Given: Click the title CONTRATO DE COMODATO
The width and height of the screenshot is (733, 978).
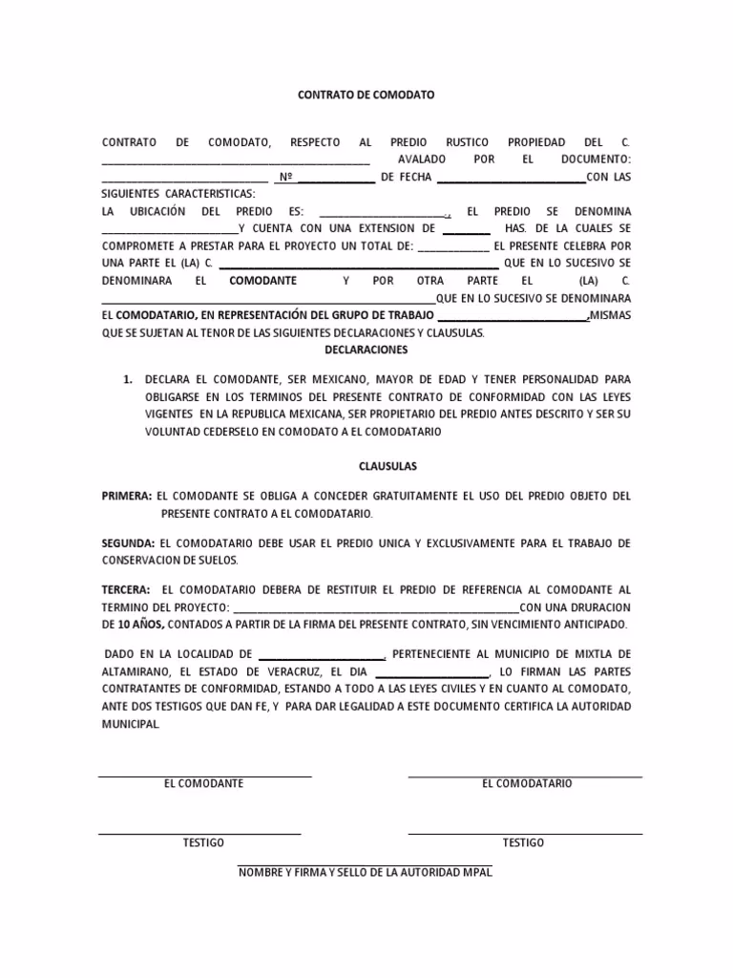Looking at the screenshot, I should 366,96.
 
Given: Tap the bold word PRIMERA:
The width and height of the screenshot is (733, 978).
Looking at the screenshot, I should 127,497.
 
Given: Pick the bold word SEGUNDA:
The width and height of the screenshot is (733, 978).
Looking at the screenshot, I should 128,543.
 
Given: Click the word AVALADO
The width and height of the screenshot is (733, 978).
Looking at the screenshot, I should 422,159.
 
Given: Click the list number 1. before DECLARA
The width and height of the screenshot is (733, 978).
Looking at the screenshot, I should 127,379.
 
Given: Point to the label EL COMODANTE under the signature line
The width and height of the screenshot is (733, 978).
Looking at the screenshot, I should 203,783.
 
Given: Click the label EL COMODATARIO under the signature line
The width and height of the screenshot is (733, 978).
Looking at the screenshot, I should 527,783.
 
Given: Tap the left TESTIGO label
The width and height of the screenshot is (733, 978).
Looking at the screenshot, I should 203,842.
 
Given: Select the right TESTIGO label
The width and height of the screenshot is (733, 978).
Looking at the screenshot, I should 523,842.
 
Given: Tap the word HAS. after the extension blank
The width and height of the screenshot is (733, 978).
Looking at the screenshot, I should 516,229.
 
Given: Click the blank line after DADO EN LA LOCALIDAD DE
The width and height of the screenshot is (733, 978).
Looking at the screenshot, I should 321,656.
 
